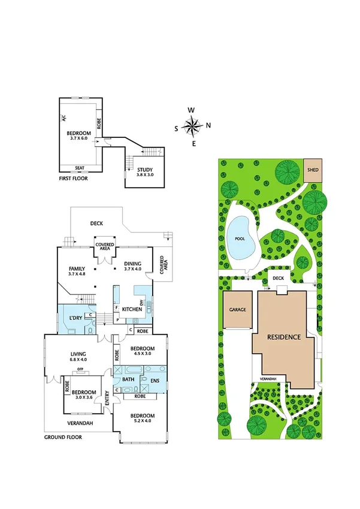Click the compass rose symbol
pyautogui.click(x=192, y=126)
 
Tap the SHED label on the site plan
pyautogui.click(x=313, y=170)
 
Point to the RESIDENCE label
pyautogui.click(x=283, y=337)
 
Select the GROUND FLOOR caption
pyautogui.click(x=63, y=437)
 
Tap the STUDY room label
pyautogui.click(x=145, y=169)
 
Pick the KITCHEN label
pyautogui.click(x=131, y=309)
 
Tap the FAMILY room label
pyautogui.click(x=76, y=269)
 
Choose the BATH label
pyautogui.click(x=128, y=380)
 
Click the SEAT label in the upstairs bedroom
pyautogui.click(x=79, y=168)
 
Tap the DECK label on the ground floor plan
pyautogui.click(x=97, y=223)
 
